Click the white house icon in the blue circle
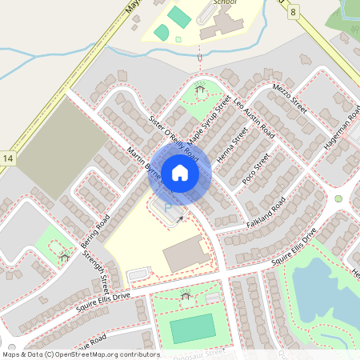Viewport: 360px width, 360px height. pos(180,171)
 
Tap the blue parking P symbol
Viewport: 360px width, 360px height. pos(168,208)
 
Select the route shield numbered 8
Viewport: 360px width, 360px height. pos(294,12)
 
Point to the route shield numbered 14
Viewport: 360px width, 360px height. pos(8,160)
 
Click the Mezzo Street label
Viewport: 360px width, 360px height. pos(290,102)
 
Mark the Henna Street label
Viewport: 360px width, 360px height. pos(233,144)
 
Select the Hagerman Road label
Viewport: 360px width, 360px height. pos(342,126)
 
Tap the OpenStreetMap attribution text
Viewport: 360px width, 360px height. pos(80,354)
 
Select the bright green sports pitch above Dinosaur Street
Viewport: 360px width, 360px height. pos(192,327)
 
